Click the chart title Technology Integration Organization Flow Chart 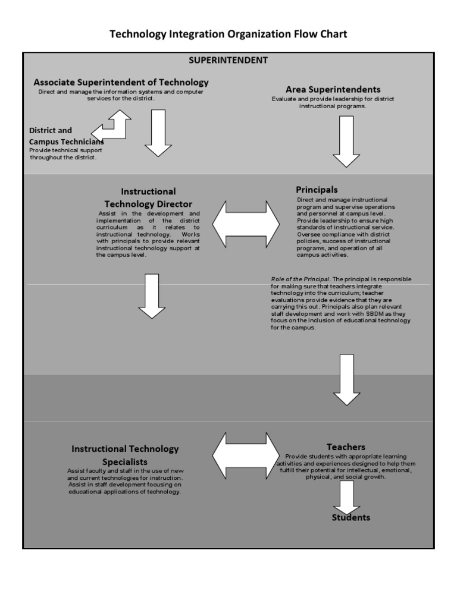coord(228,34)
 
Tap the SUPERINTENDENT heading coord(228,60)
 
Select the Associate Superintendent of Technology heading coord(121,81)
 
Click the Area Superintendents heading coord(333,89)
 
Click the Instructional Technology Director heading coord(148,197)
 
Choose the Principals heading coord(317,190)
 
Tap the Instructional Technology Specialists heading coord(125,455)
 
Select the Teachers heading coord(346,447)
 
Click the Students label coord(350,517)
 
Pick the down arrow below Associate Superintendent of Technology coord(158,133)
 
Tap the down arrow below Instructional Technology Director coord(152,295)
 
